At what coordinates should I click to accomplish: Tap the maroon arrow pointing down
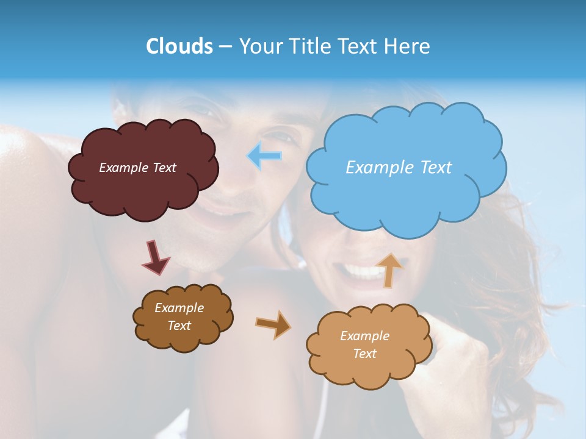[155, 257]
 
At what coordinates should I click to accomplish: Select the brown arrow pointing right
[273, 324]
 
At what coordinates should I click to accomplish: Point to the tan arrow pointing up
[389, 269]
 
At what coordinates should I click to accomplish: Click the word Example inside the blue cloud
[378, 168]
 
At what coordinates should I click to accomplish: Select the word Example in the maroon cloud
[123, 168]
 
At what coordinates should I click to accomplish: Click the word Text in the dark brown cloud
[179, 326]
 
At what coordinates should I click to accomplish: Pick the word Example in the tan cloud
[364, 336]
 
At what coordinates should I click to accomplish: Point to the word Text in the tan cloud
[364, 354]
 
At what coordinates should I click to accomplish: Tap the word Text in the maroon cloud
[164, 168]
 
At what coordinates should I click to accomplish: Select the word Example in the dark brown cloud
[179, 309]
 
